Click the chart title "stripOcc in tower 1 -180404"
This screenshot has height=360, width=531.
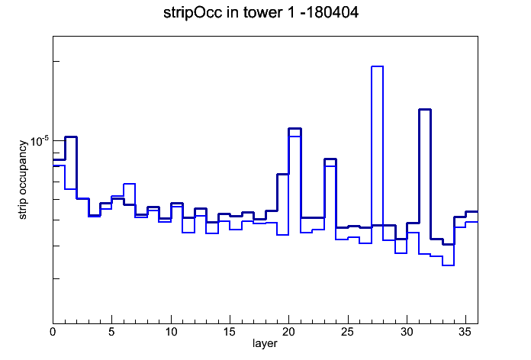261,13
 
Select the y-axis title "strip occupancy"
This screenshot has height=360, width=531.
22,180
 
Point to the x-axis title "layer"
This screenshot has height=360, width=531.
265,343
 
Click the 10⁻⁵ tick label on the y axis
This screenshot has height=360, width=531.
39,140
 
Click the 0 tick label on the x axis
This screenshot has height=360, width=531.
53,332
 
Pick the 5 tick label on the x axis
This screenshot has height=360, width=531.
111,332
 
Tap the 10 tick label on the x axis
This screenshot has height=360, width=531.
171,332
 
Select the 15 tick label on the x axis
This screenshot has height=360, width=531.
230,332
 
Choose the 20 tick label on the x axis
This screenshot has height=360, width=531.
288,332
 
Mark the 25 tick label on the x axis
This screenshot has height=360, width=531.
347,332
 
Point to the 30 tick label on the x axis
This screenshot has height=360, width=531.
407,332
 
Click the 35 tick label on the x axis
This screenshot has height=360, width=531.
465,332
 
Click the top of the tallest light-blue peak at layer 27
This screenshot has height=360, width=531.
377,66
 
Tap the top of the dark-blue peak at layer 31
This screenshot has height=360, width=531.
425,109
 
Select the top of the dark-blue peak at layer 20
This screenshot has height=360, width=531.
295,129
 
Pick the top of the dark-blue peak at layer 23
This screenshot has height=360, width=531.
330,159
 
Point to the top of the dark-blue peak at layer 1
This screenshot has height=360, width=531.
71,137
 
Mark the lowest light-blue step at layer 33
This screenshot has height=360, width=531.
448,265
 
